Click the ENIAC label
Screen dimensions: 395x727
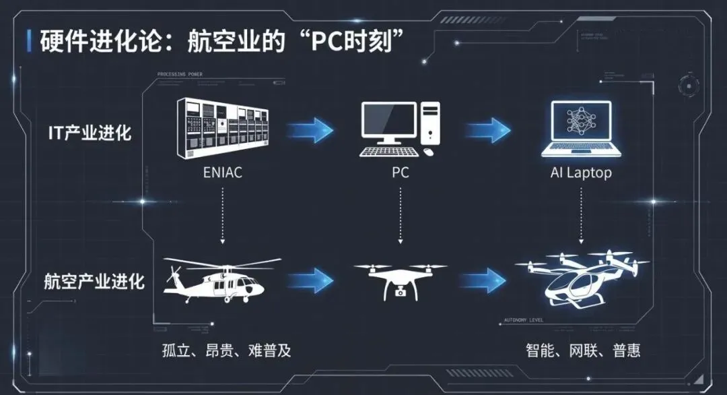tap(222, 173)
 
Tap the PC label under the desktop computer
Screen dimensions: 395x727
tap(400, 173)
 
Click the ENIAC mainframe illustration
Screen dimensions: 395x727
tap(222, 128)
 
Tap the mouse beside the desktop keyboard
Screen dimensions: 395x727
tap(429, 152)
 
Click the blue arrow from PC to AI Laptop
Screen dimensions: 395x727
tap(488, 129)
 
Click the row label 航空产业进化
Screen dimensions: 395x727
tap(95, 280)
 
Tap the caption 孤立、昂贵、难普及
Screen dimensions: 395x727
tap(227, 351)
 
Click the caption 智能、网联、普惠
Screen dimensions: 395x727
tap(583, 351)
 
